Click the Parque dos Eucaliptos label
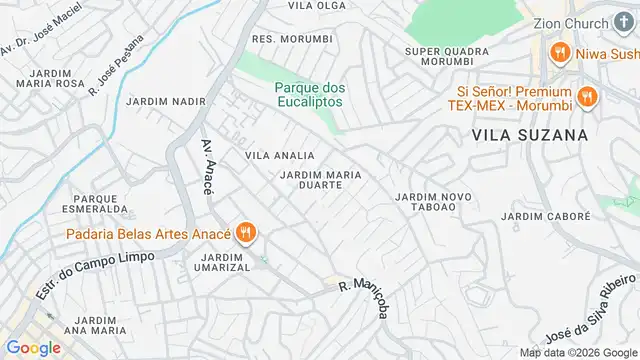tap(309, 94)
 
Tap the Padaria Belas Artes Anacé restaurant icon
tap(247, 235)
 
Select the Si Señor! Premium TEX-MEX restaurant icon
tap(587, 97)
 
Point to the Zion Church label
tap(574, 23)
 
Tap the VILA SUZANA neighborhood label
tap(529, 133)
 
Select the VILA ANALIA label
tap(280, 156)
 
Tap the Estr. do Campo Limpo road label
tap(95, 273)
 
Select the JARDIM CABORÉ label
tap(541, 216)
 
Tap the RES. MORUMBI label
tap(292, 39)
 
